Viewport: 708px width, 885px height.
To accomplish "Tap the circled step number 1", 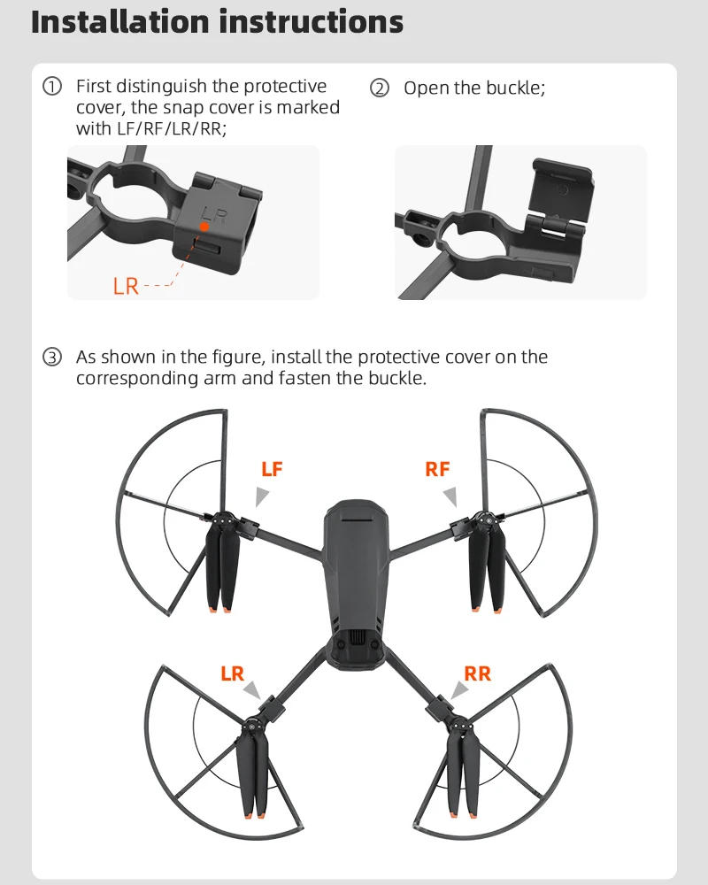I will [52, 87].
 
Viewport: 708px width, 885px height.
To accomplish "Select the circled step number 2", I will [380, 88].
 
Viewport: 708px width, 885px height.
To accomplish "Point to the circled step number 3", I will [52, 358].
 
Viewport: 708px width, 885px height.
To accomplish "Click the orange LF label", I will [272, 470].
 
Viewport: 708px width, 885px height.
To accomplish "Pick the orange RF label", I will [437, 470].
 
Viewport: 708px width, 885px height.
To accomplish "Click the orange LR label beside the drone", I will [232, 674].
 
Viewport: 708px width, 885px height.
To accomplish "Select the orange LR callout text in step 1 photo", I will [126, 286].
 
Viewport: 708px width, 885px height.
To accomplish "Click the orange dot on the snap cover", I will [204, 227].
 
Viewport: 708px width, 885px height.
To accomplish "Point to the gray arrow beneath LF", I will [263, 496].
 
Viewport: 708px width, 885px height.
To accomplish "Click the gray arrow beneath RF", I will [450, 496].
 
